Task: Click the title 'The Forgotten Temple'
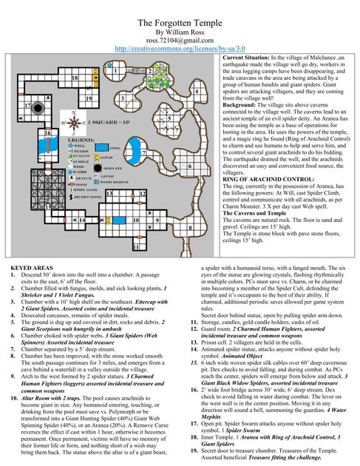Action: click(180, 23)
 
